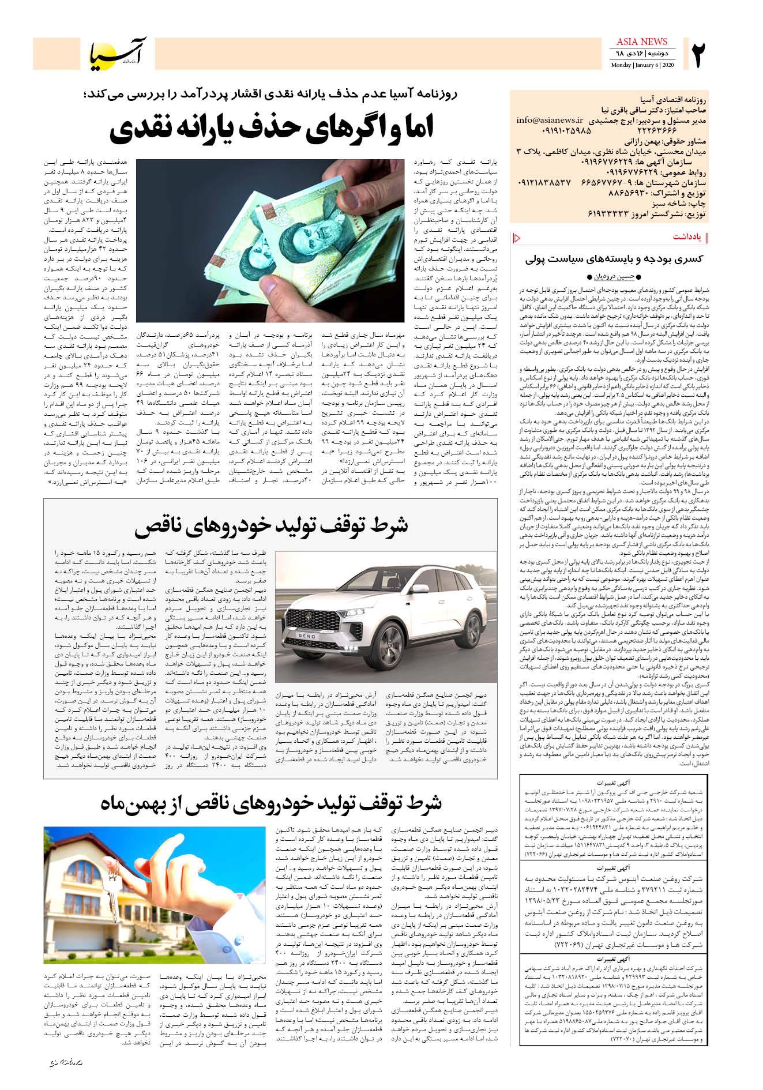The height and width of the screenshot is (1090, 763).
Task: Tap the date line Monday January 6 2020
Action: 642,65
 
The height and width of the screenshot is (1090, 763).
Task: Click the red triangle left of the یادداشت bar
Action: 516,237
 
